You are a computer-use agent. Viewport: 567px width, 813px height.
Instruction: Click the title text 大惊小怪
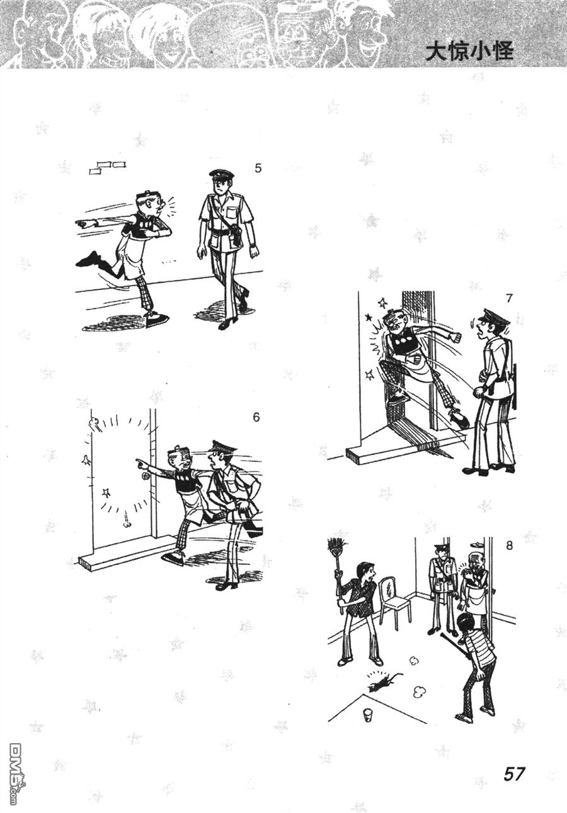tap(469, 52)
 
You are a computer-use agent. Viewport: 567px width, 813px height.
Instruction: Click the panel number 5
tap(258, 169)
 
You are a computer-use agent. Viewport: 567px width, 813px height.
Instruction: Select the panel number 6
tap(256, 418)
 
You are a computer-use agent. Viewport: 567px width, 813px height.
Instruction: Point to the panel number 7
tap(509, 298)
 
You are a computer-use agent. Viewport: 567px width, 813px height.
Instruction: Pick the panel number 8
tap(509, 546)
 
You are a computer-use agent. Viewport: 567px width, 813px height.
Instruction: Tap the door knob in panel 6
tap(146, 476)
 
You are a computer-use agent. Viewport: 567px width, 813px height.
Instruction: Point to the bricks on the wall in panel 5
tap(108, 167)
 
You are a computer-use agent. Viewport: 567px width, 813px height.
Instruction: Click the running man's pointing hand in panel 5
tap(83, 223)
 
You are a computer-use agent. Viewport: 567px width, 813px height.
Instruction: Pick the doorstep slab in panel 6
tap(125, 555)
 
